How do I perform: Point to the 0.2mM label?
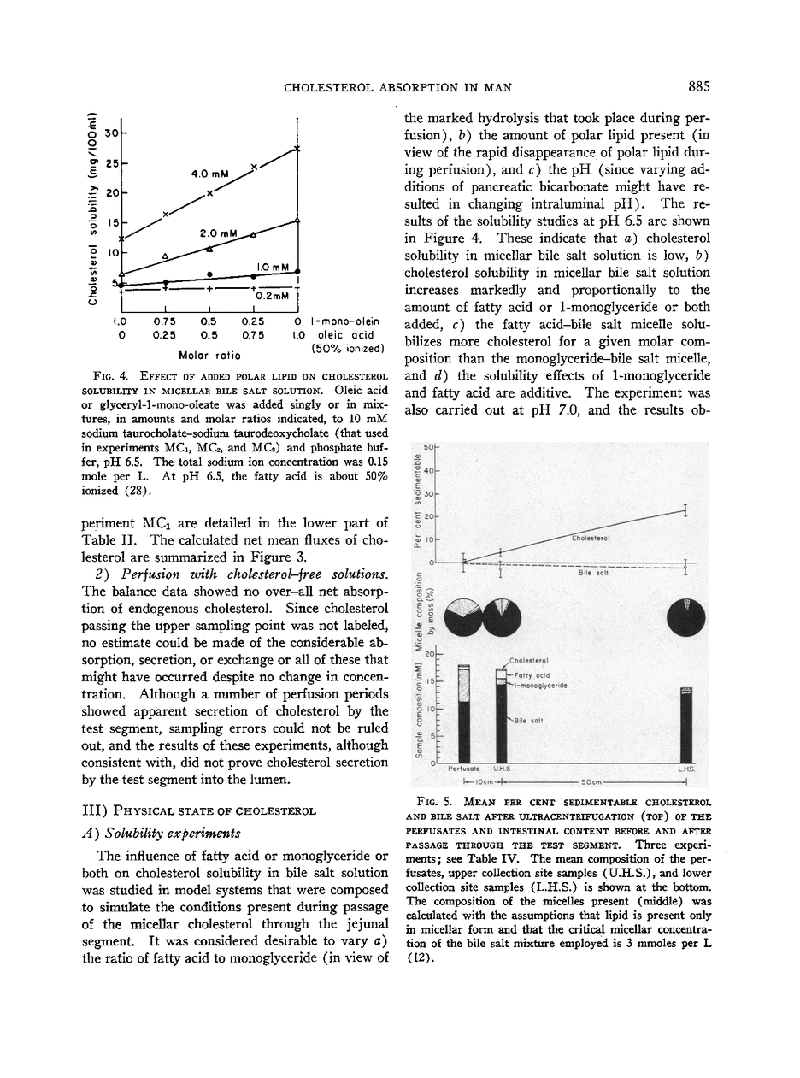click(x=272, y=296)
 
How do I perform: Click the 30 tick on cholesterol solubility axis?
click(x=111, y=133)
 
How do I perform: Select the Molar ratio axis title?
click(x=209, y=354)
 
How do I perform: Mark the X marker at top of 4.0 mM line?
click(x=297, y=150)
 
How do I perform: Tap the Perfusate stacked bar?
click(x=464, y=713)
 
